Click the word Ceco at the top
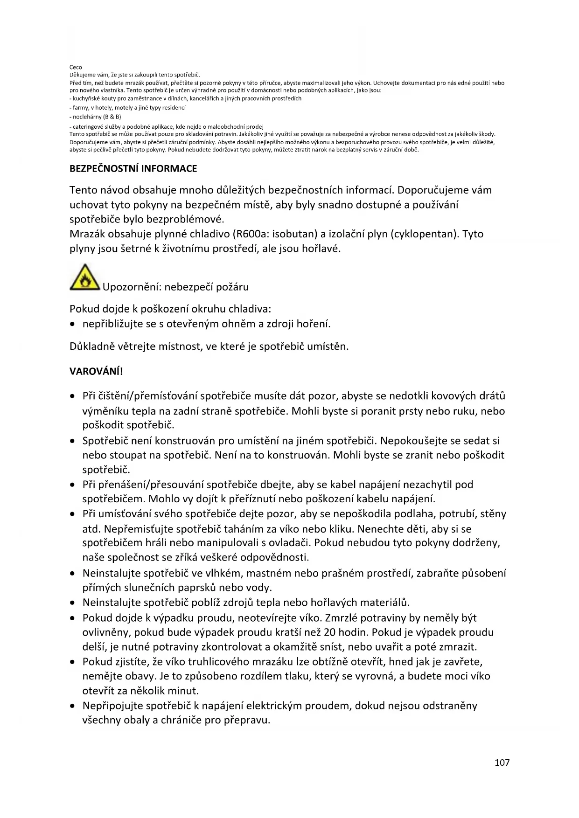click(x=76, y=67)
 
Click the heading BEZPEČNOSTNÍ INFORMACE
click(x=133, y=168)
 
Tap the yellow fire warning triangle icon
click(x=84, y=277)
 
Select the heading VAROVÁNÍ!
click(x=96, y=371)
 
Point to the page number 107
click(x=502, y=763)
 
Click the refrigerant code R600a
click(x=249, y=234)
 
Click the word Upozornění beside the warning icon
click(x=131, y=287)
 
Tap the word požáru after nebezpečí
click(x=231, y=287)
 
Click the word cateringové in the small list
click(x=88, y=126)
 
